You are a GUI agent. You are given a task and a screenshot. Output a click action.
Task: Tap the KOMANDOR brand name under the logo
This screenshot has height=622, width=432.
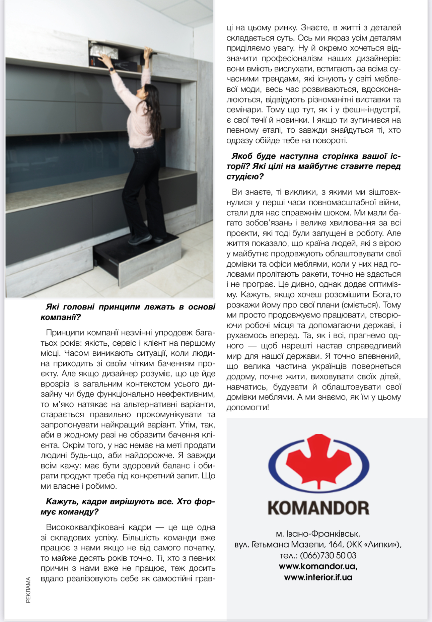318,508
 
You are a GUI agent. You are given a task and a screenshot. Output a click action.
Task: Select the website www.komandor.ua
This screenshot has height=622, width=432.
317,566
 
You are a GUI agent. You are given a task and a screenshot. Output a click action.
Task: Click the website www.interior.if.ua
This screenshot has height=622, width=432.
318,577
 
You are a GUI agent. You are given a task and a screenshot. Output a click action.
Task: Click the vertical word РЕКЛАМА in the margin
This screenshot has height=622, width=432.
28,590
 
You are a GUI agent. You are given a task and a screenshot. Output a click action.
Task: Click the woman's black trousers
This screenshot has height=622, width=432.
144,191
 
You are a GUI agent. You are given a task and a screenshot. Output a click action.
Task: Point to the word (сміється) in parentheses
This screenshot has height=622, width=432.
361,305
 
